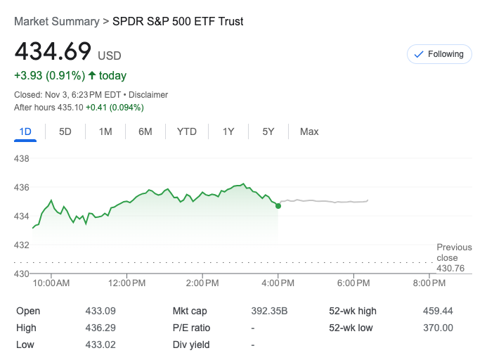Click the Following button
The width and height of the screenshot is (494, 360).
click(x=439, y=54)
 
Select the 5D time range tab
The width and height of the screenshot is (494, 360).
click(x=65, y=131)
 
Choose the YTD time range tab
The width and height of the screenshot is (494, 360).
click(x=187, y=131)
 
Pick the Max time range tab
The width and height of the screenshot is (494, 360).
click(x=309, y=131)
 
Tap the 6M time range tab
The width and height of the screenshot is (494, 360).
click(x=145, y=131)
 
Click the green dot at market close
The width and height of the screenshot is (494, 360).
click(x=278, y=205)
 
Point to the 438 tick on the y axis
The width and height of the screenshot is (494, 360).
click(x=22, y=159)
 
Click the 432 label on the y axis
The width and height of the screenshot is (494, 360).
click(x=22, y=245)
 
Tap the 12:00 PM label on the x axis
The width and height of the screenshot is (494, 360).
click(x=127, y=283)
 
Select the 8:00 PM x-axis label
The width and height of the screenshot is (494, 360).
click(x=429, y=283)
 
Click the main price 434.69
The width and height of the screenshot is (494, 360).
click(x=53, y=52)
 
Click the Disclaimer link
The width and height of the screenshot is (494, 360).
click(x=148, y=94)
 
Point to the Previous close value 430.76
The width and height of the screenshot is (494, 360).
click(x=450, y=269)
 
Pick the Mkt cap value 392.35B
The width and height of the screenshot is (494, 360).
click(x=270, y=311)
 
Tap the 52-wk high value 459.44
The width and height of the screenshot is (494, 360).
click(x=438, y=311)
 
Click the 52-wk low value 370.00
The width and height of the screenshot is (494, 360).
click(x=438, y=328)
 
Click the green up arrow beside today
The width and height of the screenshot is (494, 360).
click(x=91, y=75)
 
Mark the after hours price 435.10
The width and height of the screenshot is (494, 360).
click(x=70, y=108)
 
